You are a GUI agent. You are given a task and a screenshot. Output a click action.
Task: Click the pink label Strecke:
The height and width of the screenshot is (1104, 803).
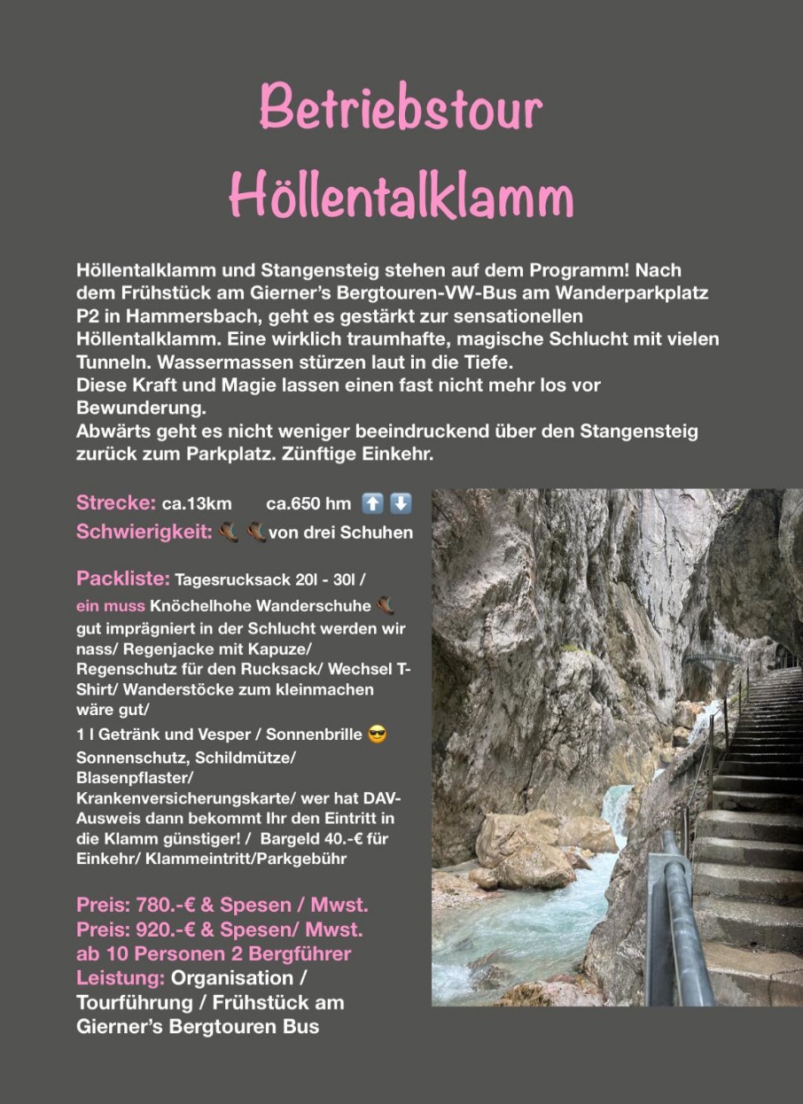tap(116, 503)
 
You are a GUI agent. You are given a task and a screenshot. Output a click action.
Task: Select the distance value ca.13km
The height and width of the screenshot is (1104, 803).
tap(197, 504)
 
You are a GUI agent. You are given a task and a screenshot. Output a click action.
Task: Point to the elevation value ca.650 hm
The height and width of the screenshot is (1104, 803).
tap(308, 504)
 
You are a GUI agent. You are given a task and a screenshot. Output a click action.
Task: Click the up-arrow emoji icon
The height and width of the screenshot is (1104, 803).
tap(373, 503)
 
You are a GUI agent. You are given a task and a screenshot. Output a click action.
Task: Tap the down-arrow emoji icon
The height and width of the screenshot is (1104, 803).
tap(401, 503)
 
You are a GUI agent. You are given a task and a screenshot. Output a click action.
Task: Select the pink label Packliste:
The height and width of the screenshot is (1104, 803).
tap(123, 579)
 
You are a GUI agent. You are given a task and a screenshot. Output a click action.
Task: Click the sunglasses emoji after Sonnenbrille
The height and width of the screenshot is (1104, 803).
tap(377, 735)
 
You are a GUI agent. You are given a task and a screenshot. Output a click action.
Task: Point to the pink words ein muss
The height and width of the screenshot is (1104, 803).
tap(111, 608)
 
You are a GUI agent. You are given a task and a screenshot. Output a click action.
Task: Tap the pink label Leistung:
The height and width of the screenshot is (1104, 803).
tap(121, 978)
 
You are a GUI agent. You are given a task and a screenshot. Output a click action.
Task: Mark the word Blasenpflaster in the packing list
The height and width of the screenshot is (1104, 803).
tap(133, 777)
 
